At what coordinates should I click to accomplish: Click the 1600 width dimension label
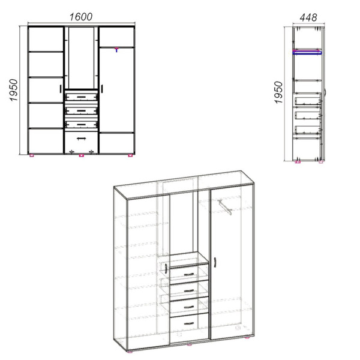click(x=81, y=17)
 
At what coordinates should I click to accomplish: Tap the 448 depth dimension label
click(x=308, y=17)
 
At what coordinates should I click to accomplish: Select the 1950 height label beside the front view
click(x=14, y=90)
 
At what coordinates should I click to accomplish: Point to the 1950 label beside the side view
click(x=278, y=92)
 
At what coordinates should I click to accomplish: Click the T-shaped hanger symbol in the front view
click(x=116, y=50)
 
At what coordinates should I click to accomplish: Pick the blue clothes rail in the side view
click(x=307, y=53)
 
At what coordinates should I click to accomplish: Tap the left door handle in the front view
click(x=61, y=89)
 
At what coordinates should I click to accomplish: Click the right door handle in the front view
click(x=102, y=89)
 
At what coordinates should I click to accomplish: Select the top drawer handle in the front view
click(x=81, y=97)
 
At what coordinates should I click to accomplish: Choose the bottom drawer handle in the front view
click(x=81, y=139)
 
